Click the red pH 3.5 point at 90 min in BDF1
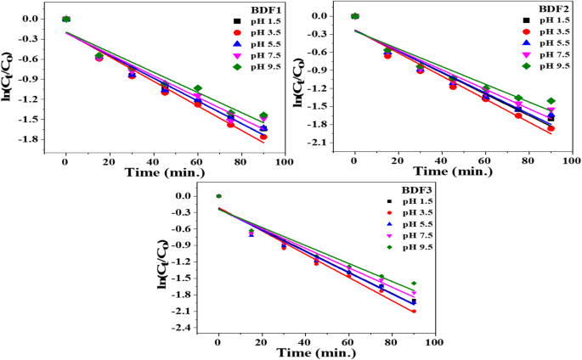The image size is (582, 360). (263, 137)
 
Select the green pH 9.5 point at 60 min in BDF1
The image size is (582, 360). (197, 88)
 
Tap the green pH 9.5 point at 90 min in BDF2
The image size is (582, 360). (551, 101)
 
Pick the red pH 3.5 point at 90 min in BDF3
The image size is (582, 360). (414, 312)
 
